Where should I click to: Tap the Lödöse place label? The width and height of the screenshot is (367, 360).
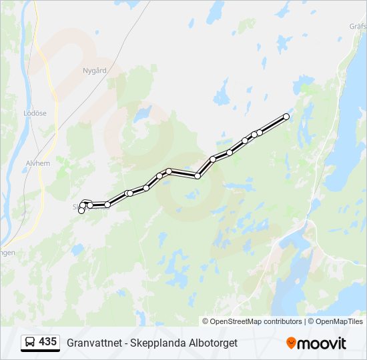(35, 113)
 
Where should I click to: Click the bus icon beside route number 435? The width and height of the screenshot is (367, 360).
(30, 343)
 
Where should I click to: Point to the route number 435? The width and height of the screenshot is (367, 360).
(47, 342)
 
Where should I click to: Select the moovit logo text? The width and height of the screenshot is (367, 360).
(322, 343)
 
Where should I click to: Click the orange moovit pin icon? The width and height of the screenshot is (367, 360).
(291, 343)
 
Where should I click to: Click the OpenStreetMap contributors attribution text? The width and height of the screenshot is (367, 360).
(256, 321)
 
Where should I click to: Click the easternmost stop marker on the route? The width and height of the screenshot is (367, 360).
(286, 117)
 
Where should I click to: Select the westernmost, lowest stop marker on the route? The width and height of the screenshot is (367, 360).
(81, 211)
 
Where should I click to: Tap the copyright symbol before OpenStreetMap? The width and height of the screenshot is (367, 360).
(206, 321)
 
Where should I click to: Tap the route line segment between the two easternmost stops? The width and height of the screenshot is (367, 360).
(273, 124)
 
